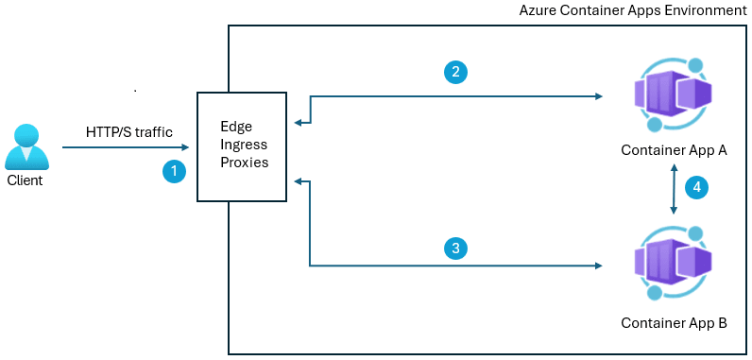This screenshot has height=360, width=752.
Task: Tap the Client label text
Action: (x=26, y=180)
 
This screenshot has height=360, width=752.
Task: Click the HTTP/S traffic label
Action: (x=128, y=132)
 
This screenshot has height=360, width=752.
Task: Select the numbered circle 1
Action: (x=173, y=171)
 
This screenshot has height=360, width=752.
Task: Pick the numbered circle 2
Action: (x=455, y=72)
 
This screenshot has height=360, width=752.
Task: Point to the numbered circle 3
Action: (x=455, y=249)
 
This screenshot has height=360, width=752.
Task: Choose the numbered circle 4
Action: (x=696, y=187)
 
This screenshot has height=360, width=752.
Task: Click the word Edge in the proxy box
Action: (x=236, y=127)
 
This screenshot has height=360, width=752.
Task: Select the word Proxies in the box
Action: (x=244, y=163)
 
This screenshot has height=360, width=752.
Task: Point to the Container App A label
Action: (x=673, y=150)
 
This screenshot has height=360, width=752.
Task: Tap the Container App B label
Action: (x=673, y=323)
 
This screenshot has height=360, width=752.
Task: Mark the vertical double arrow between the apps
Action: (x=674, y=188)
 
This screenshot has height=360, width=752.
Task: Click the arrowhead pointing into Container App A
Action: (x=599, y=95)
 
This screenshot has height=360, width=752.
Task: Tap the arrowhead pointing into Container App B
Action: (x=599, y=266)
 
